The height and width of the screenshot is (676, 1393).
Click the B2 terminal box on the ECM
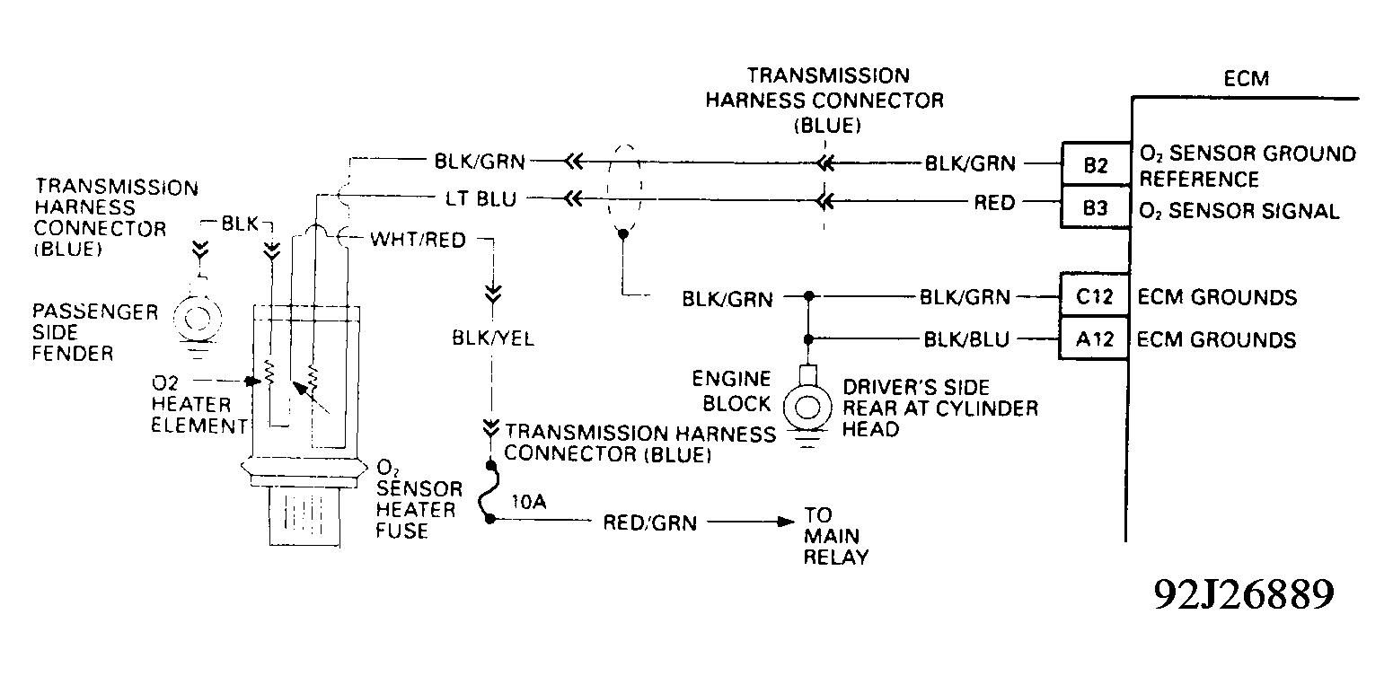[x=1095, y=164]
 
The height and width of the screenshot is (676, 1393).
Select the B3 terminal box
[x=1095, y=209]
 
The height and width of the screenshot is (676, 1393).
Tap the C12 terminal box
[x=1094, y=296]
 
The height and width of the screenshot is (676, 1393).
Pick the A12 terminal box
[x=1094, y=339]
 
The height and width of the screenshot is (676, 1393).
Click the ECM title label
[x=1247, y=79]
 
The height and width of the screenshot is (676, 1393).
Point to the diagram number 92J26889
[x=1244, y=594]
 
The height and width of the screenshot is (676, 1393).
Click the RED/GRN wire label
[x=649, y=522]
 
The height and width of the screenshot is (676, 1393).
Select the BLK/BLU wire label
[x=966, y=339]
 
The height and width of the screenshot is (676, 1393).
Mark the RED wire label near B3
[x=994, y=203]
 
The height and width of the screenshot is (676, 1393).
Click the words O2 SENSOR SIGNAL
[x=1239, y=212]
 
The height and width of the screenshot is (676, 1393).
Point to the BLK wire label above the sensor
[x=240, y=220]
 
